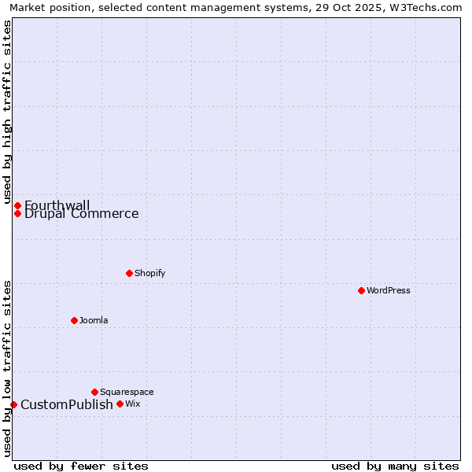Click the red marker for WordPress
pos(361,290)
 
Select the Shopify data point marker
pos(129,273)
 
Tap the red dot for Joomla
pos(74,320)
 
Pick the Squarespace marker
pos(94,392)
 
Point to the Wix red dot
pos(120,404)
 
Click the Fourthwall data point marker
pos(17,205)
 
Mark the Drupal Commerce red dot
pos(17,213)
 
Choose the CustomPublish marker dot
pos(13,404)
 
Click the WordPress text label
pos(389,290)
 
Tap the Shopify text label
pos(149,273)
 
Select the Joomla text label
pos(94,320)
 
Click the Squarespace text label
pos(127,392)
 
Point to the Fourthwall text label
pos(57,205)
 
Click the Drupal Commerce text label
pos(81,213)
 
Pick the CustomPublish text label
pos(66,404)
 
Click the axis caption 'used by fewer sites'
pos(80,466)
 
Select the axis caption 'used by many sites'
pos(395,466)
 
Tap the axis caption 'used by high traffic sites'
pos(7,112)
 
